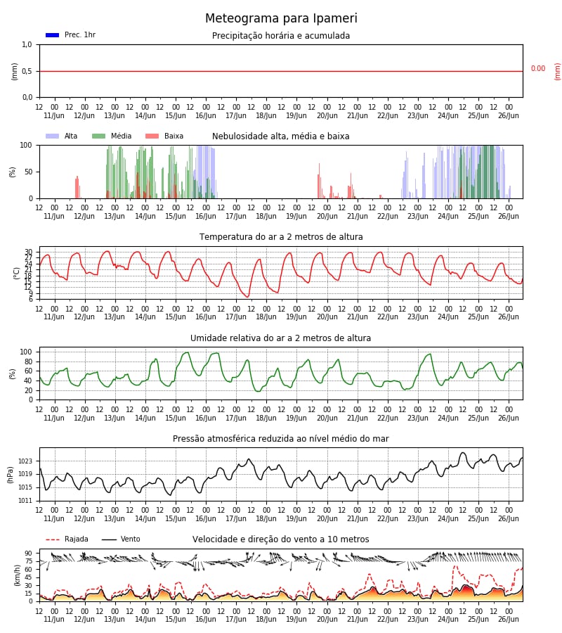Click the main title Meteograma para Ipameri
pyautogui.click(x=280, y=19)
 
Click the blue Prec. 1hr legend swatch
pyautogui.click(x=52, y=35)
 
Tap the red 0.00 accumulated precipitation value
pyautogui.click(x=537, y=69)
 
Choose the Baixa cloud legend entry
pyautogui.click(x=164, y=136)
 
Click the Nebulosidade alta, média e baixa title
pyautogui.click(x=280, y=136)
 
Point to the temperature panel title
pyautogui.click(x=281, y=237)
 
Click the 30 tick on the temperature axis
pyautogui.click(x=29, y=252)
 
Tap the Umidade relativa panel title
pyautogui.click(x=280, y=338)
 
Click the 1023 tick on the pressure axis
pyautogui.click(x=25, y=461)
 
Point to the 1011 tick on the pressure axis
pyautogui.click(x=25, y=501)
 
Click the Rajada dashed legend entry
pyautogui.click(x=67, y=539)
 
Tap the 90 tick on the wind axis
pyautogui.click(x=29, y=554)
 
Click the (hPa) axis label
pyautogui.click(x=11, y=474)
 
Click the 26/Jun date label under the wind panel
pyautogui.click(x=508, y=619)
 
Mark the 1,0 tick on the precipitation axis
pyautogui.click(x=27, y=44)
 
